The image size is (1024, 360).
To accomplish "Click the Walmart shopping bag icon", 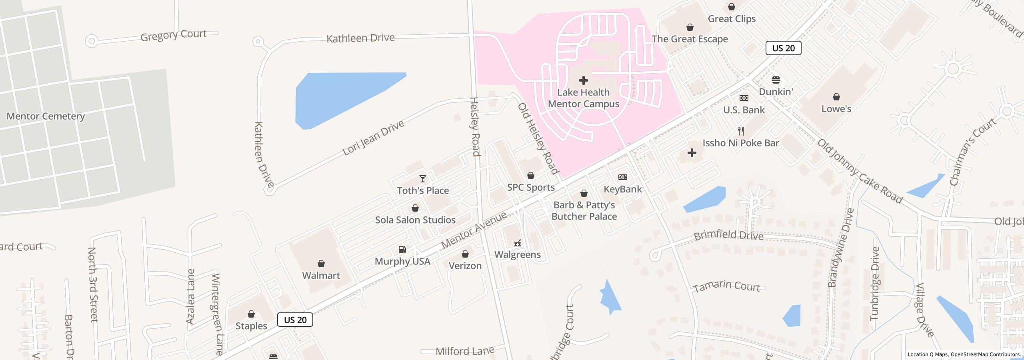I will tap(321, 264).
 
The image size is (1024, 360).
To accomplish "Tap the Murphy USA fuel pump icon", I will tap(402, 250).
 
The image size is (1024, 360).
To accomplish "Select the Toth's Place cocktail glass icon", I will tap(423, 179).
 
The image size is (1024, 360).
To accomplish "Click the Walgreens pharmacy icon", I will tap(518, 243).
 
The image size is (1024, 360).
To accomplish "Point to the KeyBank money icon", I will tap(623, 177).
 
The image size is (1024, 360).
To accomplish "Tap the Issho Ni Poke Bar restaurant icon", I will tap(741, 131).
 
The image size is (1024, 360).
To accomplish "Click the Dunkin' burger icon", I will tap(776, 80).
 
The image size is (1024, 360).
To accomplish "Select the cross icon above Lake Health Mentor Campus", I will tap(584, 80).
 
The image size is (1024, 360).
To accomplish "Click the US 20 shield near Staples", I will tap(295, 320).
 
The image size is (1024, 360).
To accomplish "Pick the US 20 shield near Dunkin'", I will tap(783, 48).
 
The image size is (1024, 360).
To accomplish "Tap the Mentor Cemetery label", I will tap(46, 116).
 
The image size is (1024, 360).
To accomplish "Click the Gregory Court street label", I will tap(173, 35).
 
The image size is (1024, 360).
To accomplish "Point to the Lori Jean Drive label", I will tap(373, 138).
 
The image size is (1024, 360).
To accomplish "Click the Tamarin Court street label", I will tap(726, 286).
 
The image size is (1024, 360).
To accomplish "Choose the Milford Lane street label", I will tap(465, 351).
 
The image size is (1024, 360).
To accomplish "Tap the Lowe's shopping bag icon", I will tap(836, 97).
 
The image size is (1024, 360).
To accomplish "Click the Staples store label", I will tap(251, 326).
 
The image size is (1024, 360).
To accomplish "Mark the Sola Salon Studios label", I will tap(415, 220).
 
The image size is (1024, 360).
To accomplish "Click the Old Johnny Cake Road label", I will tap(860, 171).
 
